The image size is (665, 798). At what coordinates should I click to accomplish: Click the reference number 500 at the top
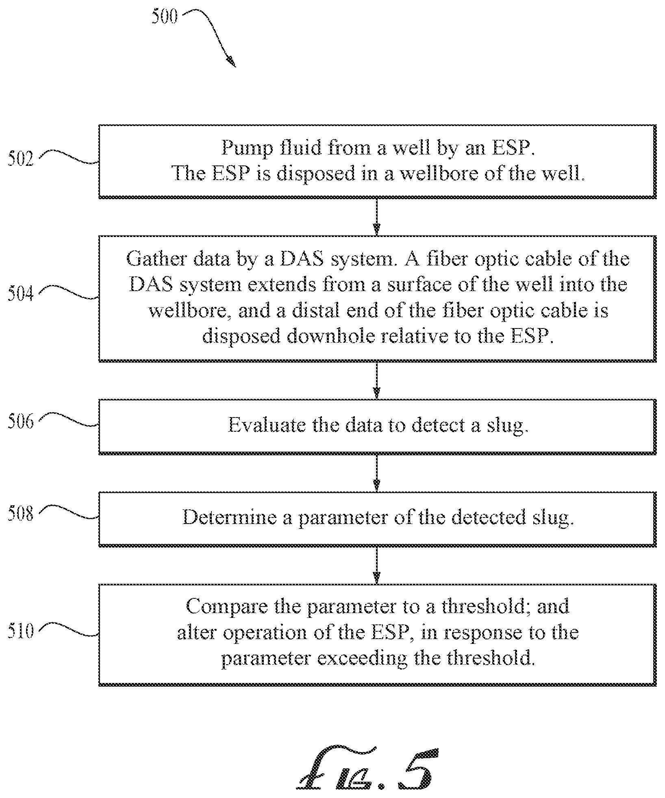point(165,17)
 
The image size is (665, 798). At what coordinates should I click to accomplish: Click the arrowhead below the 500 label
point(231,61)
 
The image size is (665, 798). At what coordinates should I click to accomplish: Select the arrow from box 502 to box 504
point(377,217)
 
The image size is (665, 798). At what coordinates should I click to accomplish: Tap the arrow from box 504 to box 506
point(377,380)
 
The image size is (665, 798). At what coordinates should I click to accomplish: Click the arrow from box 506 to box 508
point(377,473)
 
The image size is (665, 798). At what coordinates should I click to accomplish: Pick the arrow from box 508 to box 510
point(377,565)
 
